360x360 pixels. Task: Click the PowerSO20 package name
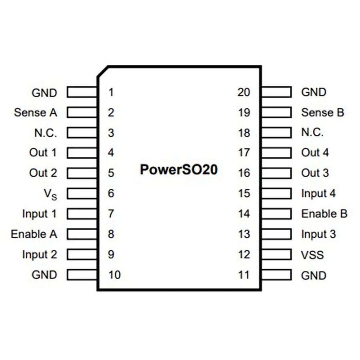click(x=179, y=169)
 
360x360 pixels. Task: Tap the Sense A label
click(x=35, y=112)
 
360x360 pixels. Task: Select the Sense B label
click(x=322, y=112)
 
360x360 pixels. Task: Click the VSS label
click(x=312, y=255)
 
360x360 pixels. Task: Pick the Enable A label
click(x=34, y=234)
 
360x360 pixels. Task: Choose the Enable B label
click(x=324, y=214)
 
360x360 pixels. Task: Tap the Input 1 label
click(x=39, y=214)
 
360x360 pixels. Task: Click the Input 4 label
click(x=318, y=194)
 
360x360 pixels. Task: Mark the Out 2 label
click(x=43, y=173)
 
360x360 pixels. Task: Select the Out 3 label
click(x=315, y=173)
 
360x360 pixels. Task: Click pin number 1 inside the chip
click(x=111, y=92)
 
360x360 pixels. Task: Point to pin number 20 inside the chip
click(x=244, y=92)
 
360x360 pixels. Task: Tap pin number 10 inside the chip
click(x=114, y=275)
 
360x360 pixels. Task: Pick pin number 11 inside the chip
click(x=244, y=275)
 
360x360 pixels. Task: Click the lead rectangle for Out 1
click(x=82, y=153)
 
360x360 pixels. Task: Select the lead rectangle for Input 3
click(x=276, y=234)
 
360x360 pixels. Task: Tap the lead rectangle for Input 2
click(x=82, y=254)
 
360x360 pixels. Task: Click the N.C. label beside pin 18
click(x=312, y=133)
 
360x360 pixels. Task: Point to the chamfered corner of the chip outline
click(x=102, y=71)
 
